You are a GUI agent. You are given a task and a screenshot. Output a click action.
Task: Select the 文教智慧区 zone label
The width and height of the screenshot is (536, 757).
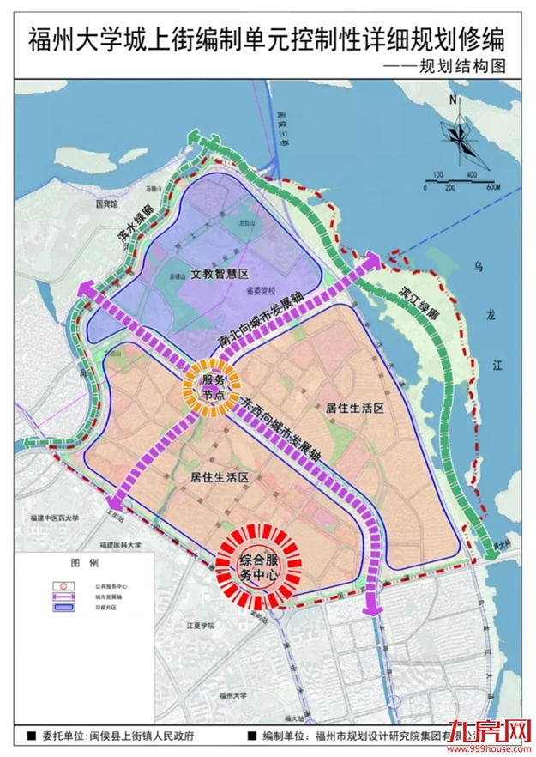tap(219, 275)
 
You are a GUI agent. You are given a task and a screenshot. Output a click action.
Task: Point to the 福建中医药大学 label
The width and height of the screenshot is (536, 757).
tap(54, 518)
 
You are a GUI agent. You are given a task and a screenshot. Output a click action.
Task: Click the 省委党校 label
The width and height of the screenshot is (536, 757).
tap(256, 291)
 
